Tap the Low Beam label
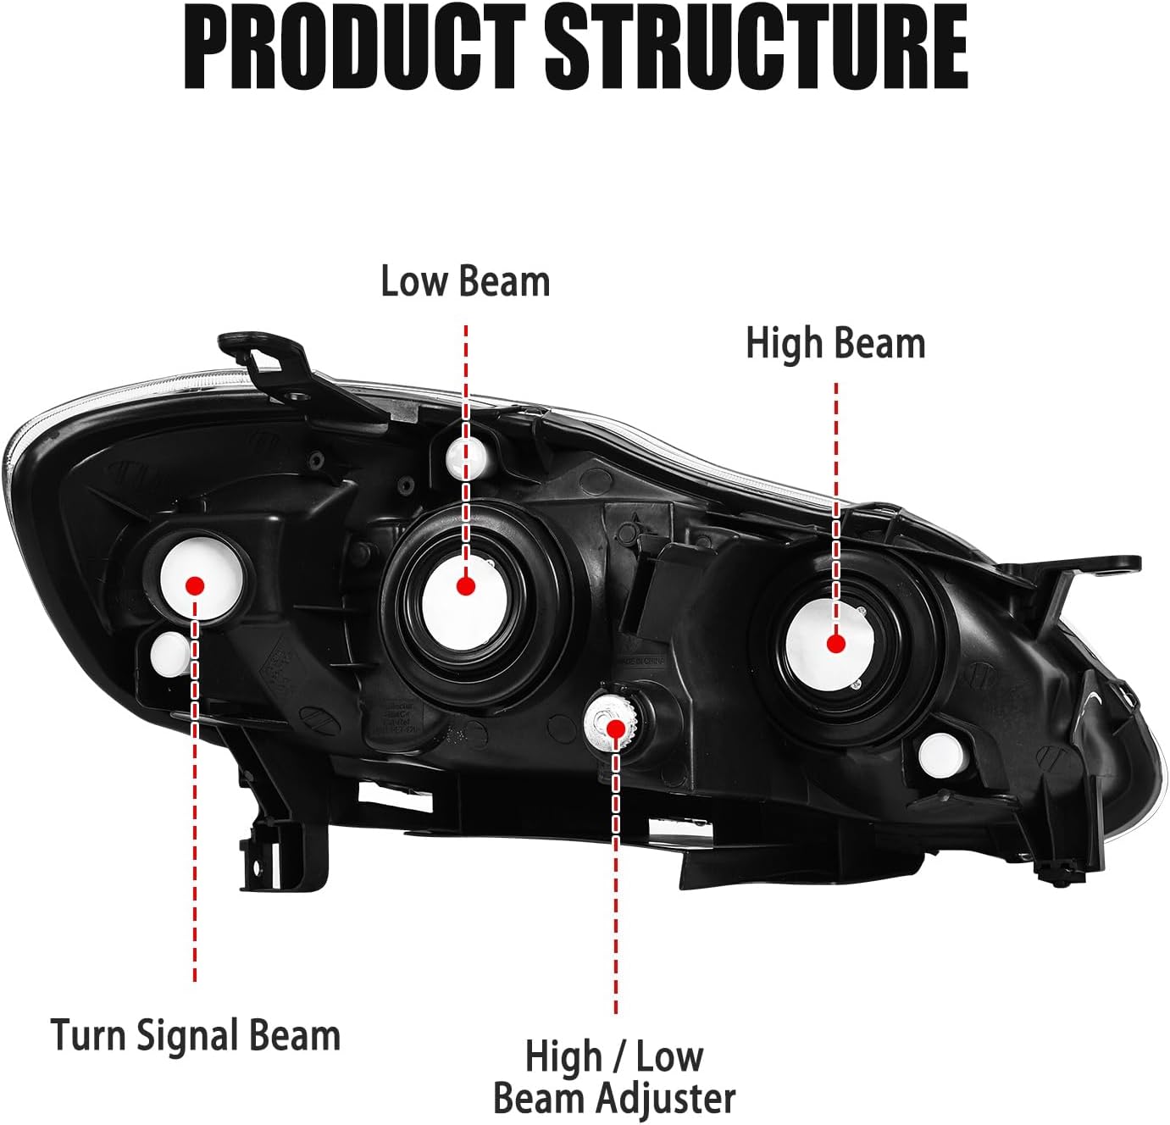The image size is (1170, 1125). [x=465, y=281]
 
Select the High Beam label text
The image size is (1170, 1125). [x=835, y=344]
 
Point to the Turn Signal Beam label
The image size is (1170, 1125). [x=195, y=1035]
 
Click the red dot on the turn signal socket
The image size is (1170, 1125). [x=195, y=585]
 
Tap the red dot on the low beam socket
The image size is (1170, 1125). [x=464, y=585]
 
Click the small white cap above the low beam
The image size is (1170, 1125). [x=463, y=457]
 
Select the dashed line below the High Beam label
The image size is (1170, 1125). [x=836, y=474]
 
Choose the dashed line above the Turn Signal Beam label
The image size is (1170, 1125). [x=195, y=847]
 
